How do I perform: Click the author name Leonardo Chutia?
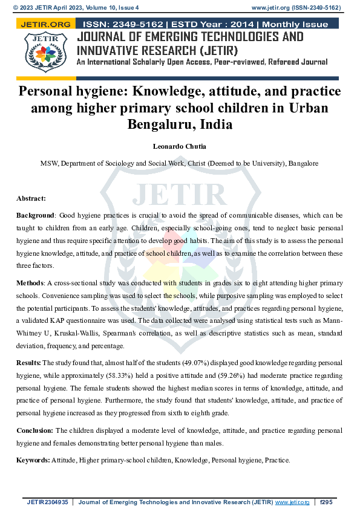click(180, 146)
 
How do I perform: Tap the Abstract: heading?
click(31, 198)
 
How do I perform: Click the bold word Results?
click(28, 362)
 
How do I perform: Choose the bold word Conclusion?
click(34, 430)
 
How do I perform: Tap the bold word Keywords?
click(33, 460)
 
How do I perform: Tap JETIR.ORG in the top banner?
click(45, 25)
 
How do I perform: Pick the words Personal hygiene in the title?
click(74, 92)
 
